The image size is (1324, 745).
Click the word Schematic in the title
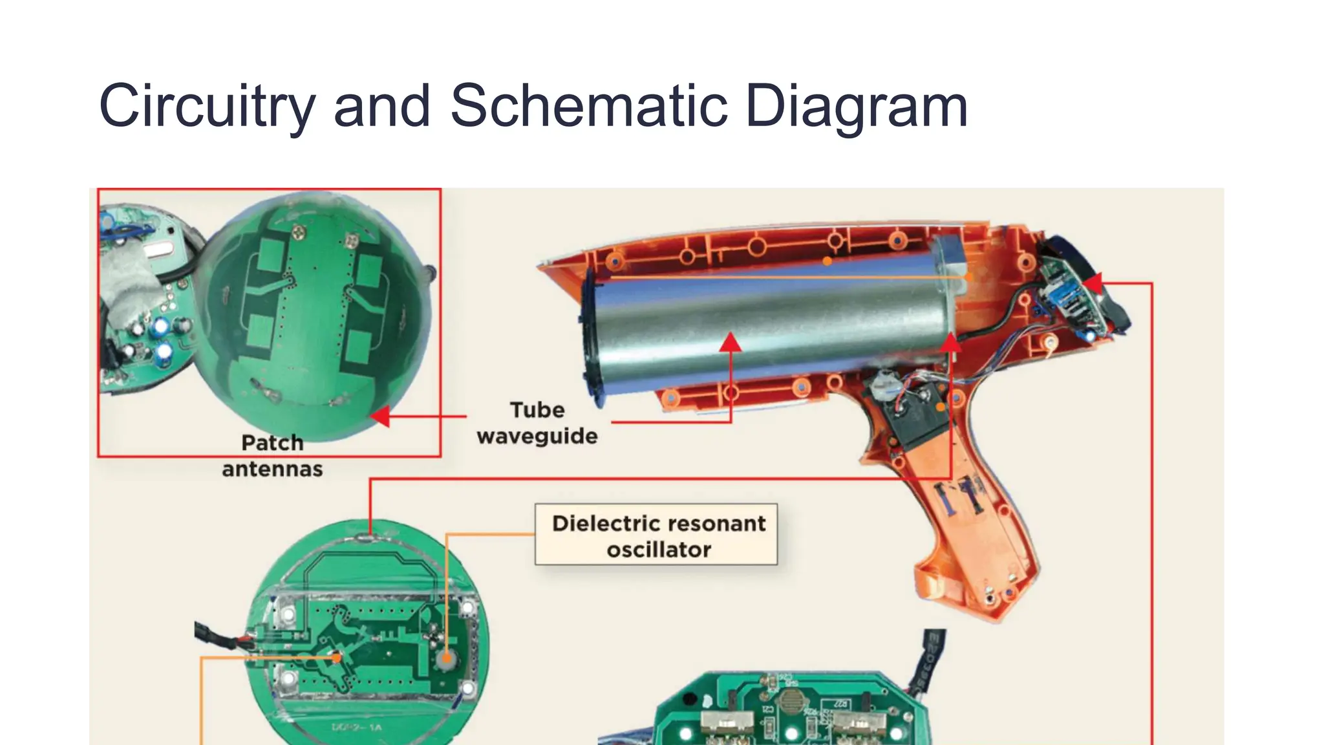tap(588, 105)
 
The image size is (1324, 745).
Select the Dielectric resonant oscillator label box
tap(656, 535)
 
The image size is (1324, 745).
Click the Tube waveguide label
tap(537, 423)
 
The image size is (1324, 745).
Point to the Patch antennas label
tap(272, 456)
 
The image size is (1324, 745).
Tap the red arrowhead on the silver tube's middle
tap(731, 343)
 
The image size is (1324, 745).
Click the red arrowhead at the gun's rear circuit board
tap(1093, 283)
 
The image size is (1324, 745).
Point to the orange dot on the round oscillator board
tap(336, 658)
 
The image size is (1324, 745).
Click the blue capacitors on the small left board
tap(162, 340)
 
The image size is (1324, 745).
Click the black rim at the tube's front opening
tap(590, 336)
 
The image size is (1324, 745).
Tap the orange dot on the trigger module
tap(940, 407)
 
